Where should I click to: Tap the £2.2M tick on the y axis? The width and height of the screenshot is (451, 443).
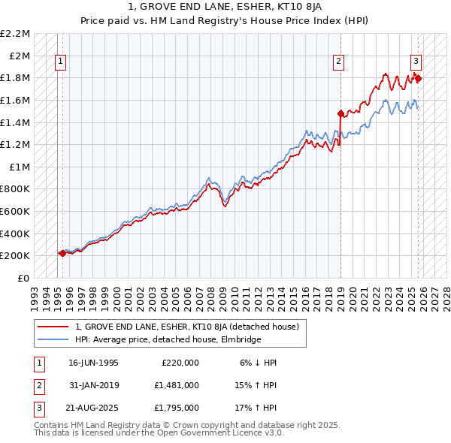pos(15,34)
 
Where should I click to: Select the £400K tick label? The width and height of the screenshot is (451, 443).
pos(15,234)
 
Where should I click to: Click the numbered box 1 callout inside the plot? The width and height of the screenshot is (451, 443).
pos(59,62)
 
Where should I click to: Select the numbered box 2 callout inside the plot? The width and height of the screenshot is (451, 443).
pos(339,62)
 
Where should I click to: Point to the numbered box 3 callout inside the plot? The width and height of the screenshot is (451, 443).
pos(416,62)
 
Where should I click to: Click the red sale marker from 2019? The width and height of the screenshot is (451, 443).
pos(341,114)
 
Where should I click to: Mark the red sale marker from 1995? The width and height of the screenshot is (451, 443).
pos(62,254)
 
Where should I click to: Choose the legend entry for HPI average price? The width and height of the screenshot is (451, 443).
pos(168,340)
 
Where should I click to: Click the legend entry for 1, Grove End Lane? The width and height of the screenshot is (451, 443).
pos(187,327)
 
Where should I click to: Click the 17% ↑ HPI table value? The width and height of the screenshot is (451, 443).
pos(256,408)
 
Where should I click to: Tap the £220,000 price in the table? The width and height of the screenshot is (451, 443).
pos(180,363)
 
